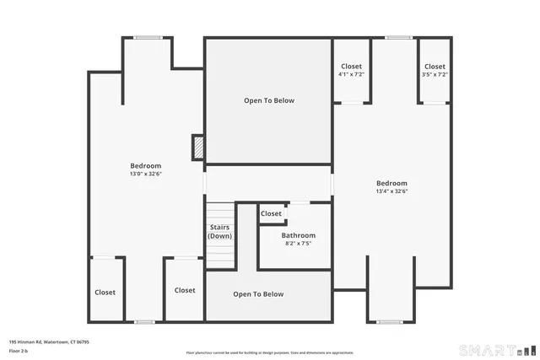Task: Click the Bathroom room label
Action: click(298, 235)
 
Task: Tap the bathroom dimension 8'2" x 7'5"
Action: click(298, 244)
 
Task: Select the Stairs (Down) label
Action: click(219, 232)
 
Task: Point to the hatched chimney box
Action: click(198, 148)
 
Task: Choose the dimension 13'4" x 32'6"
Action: click(391, 191)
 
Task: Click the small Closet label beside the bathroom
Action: click(271, 214)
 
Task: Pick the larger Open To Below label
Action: click(269, 100)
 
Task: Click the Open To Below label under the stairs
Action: click(258, 294)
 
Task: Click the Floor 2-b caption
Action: click(19, 350)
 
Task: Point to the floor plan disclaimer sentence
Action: click(270, 352)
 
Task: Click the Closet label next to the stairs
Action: click(185, 290)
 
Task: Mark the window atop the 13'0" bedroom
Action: click(148, 37)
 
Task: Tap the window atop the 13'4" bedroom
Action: click(398, 37)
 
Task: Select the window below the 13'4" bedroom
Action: click(389, 321)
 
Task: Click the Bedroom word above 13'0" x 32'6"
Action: click(145, 166)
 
